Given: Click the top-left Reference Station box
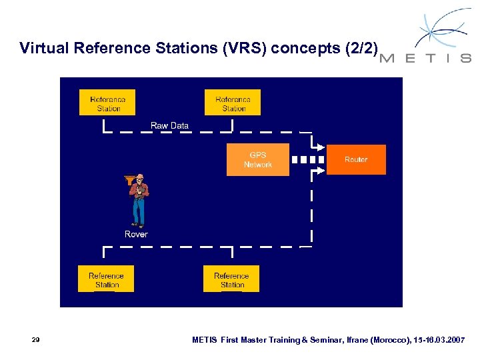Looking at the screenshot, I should (107, 103).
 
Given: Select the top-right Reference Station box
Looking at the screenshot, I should (233, 103).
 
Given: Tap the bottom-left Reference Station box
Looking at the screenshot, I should (106, 279).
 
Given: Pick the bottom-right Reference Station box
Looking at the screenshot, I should (231, 279).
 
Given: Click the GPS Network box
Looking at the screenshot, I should (258, 160).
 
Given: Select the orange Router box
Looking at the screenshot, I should (356, 160).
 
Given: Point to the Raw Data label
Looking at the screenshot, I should (169, 125).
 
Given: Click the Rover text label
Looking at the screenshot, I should (136, 235).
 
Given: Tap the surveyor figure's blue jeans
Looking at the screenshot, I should (139, 212).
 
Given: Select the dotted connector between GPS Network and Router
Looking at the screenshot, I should (308, 160).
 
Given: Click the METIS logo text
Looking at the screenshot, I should (425, 58).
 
